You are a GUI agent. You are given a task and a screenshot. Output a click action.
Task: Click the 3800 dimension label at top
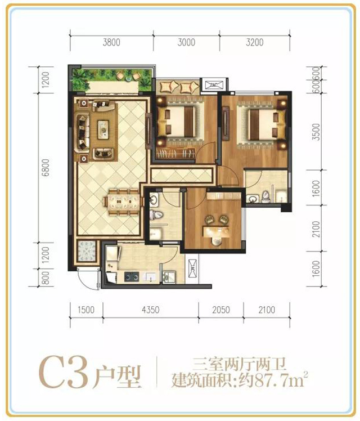(111, 42)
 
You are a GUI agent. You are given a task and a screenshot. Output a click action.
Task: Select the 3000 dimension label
(186, 42)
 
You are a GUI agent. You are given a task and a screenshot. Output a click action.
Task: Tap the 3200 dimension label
(255, 42)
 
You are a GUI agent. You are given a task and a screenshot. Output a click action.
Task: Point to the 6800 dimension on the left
(46, 168)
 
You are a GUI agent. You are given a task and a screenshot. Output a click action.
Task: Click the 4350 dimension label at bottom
(151, 310)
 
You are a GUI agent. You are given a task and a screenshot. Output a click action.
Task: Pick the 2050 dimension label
(221, 310)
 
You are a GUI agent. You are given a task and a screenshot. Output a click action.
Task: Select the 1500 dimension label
(86, 310)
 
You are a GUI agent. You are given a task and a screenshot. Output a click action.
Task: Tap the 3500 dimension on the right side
(317, 132)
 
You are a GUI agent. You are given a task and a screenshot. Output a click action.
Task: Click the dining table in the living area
(124, 202)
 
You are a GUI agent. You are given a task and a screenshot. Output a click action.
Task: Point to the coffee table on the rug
(103, 130)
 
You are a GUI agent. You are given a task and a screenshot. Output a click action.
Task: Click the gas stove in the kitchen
(132, 276)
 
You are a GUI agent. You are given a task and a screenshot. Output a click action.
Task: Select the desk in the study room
(216, 232)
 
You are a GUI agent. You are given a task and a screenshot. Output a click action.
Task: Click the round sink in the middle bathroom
(154, 199)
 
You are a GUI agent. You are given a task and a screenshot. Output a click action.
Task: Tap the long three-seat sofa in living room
(83, 133)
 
